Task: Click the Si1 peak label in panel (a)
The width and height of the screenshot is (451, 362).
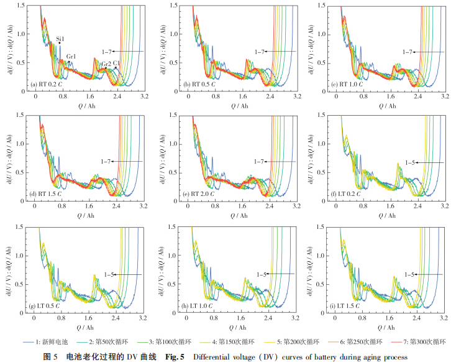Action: (60, 38)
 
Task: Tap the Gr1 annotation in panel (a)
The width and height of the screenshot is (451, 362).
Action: (71, 57)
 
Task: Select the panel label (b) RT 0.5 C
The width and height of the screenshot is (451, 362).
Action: (202, 83)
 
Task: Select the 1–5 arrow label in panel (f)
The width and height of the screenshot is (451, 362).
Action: (410, 162)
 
